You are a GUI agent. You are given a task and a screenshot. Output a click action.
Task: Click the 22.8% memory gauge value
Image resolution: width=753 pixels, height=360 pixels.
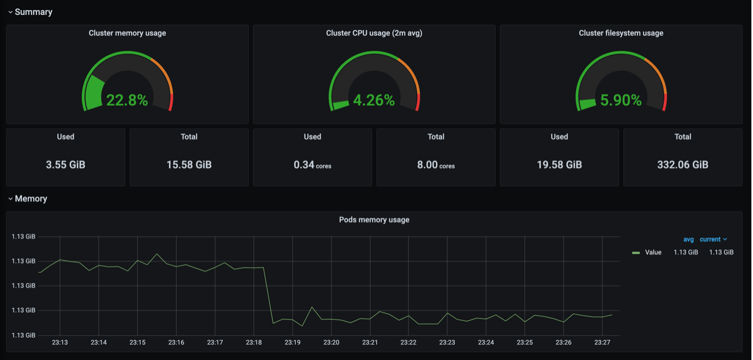tap(127, 100)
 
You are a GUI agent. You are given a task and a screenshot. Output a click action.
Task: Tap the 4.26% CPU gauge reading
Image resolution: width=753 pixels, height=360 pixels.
tap(374, 100)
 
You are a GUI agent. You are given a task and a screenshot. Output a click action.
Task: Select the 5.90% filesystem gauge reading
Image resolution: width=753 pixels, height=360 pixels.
tap(621, 100)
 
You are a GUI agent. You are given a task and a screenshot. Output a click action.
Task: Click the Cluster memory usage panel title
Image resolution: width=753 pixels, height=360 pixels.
tap(128, 33)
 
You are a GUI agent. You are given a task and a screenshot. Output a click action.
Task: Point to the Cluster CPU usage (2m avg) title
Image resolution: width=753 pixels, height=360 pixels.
tap(374, 33)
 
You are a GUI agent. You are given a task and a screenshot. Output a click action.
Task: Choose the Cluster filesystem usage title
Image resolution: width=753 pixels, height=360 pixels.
tap(621, 33)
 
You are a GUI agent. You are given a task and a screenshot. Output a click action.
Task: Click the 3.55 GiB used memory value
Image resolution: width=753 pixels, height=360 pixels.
tap(65, 165)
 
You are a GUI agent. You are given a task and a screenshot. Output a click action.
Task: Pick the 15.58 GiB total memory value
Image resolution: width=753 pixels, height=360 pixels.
tap(189, 165)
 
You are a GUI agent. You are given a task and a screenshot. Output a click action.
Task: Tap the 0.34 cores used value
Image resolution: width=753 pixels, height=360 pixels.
tap(312, 165)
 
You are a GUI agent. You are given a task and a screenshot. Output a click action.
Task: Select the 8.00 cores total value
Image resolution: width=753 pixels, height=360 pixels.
tap(436, 165)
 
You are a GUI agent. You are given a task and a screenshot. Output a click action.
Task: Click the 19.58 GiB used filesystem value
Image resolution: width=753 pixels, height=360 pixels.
tap(559, 165)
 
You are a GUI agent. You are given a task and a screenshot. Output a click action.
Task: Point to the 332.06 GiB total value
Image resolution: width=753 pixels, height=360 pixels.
tap(683, 165)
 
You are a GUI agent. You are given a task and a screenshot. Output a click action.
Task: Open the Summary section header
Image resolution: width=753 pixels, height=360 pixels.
tap(33, 12)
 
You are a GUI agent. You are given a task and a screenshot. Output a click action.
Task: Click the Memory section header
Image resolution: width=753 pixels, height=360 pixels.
tap(31, 199)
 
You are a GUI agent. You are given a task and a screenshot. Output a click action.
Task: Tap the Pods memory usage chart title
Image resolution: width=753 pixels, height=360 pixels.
tap(374, 220)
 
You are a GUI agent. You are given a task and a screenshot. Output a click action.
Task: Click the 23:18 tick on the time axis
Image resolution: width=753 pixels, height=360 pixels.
tap(254, 342)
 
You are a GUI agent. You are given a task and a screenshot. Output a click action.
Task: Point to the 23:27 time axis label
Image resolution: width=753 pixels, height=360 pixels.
tap(602, 342)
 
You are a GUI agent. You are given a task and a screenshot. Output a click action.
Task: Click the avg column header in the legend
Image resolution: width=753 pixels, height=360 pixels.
tap(689, 239)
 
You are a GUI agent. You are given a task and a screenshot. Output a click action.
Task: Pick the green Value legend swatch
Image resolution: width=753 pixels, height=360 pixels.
tap(636, 253)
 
